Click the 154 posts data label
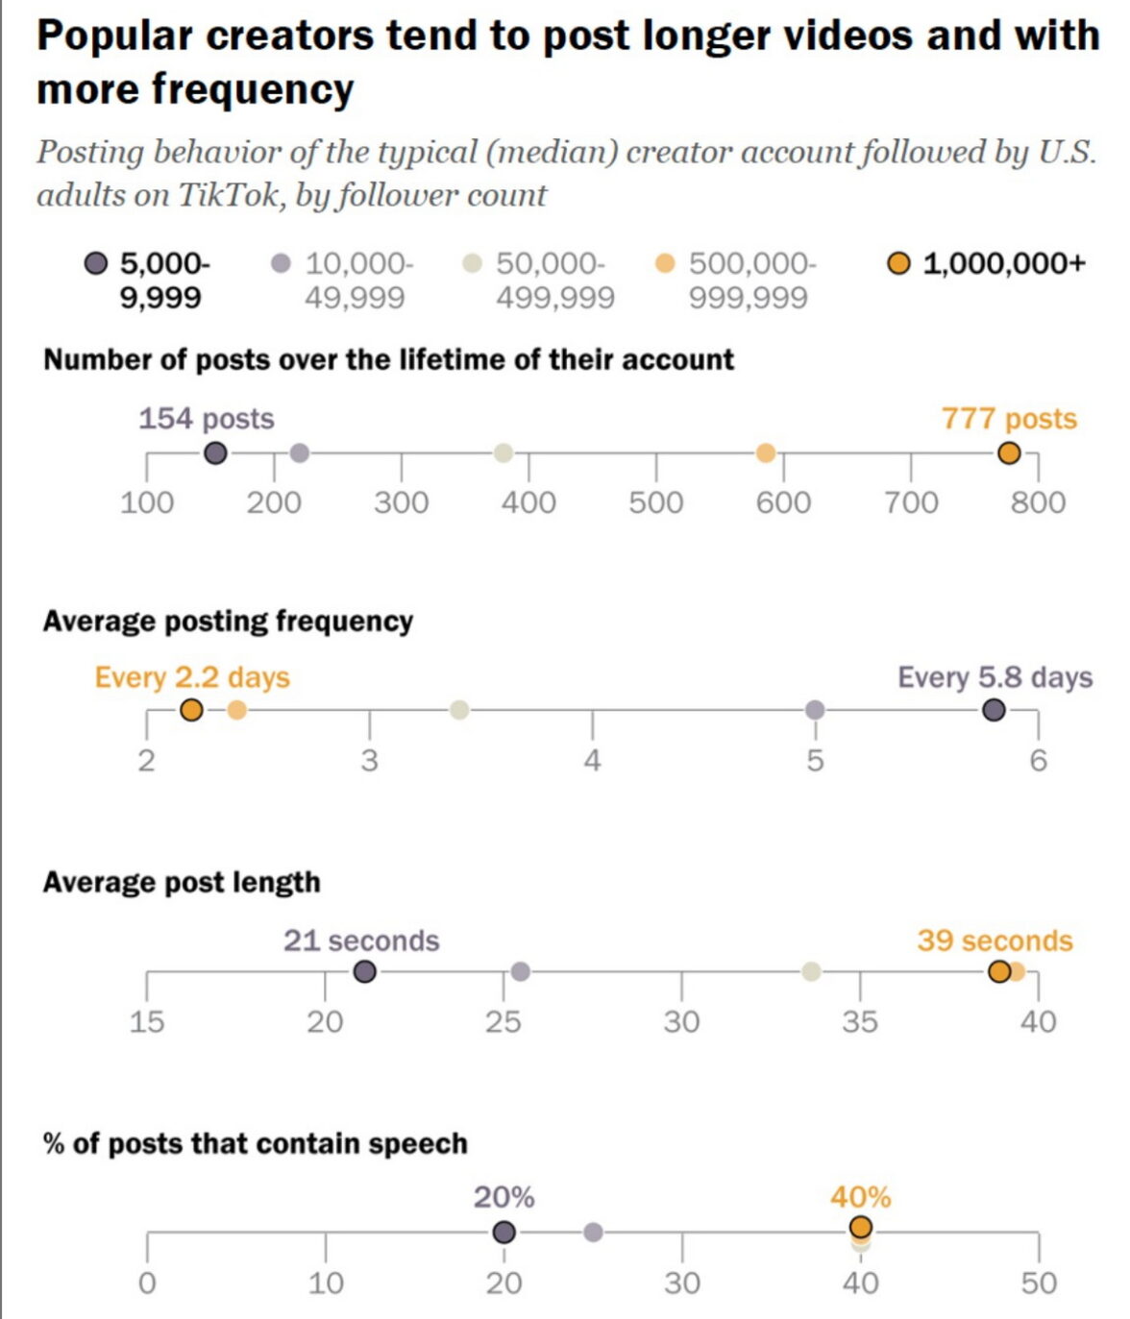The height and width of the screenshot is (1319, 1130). (206, 419)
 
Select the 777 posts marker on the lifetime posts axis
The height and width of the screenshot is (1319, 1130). (1008, 453)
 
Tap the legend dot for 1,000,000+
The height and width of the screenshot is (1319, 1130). (898, 263)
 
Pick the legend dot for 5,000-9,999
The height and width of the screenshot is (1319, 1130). (96, 263)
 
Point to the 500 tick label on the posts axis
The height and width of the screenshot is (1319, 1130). (655, 502)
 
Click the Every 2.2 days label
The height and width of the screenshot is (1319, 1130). (192, 677)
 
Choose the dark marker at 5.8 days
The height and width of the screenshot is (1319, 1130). (994, 710)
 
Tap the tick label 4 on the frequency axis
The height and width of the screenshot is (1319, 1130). (592, 761)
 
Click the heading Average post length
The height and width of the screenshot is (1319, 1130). (182, 882)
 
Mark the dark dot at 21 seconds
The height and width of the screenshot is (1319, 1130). (364, 971)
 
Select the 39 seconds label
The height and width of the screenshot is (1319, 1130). (995, 940)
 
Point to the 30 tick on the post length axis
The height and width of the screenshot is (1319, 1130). (681, 1022)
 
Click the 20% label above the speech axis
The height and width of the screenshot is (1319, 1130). (504, 1198)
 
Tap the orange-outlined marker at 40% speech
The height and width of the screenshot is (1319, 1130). (861, 1227)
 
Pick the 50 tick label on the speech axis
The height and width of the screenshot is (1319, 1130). (1038, 1283)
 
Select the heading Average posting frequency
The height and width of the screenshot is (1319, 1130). (228, 622)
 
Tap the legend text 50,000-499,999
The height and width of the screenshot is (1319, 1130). (554, 280)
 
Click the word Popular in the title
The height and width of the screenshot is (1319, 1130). (114, 37)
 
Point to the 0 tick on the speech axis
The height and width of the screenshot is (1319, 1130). (147, 1283)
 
